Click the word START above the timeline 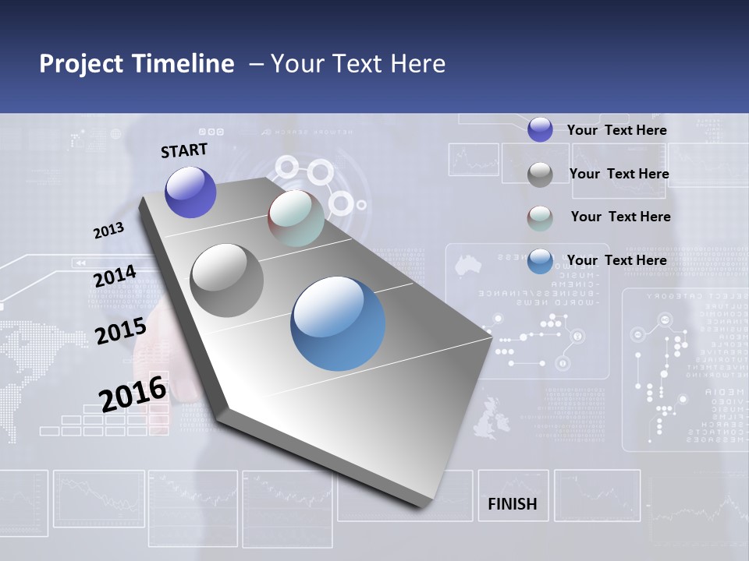(184, 150)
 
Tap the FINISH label (512, 504)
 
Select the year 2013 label (108, 231)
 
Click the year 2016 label (133, 393)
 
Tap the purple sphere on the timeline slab (190, 192)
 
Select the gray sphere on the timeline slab (227, 280)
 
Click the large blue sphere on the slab (338, 323)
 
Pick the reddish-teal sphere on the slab (296, 219)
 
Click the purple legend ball (540, 129)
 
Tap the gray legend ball (540, 175)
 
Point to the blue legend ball (540, 261)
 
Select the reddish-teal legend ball (540, 218)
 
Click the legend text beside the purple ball (616, 130)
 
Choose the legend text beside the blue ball (616, 260)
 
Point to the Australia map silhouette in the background (467, 265)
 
